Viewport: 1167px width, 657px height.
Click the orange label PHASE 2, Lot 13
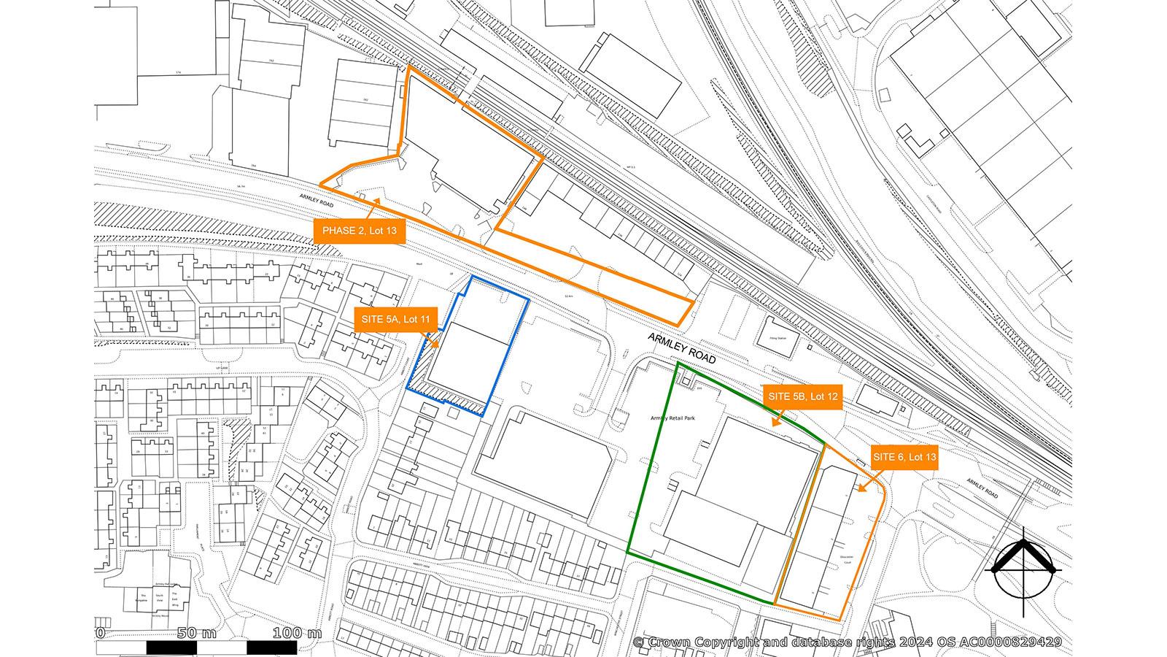point(359,231)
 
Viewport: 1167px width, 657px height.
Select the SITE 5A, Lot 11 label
point(396,319)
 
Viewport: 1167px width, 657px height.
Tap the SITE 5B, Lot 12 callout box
point(802,396)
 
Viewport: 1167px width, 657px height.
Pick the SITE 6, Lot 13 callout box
point(904,457)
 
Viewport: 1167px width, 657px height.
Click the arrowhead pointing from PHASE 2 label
point(377,199)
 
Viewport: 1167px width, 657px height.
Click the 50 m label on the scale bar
point(197,632)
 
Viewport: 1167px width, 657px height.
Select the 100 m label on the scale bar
point(297,632)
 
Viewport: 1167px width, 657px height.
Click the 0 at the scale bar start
point(101,632)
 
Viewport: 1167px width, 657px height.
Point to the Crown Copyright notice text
point(846,642)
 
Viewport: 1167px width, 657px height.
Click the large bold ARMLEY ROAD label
point(682,348)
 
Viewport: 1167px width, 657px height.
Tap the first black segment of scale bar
point(171,648)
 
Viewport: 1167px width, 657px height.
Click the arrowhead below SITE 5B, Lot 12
point(775,423)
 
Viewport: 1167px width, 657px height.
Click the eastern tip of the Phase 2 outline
point(694,300)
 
